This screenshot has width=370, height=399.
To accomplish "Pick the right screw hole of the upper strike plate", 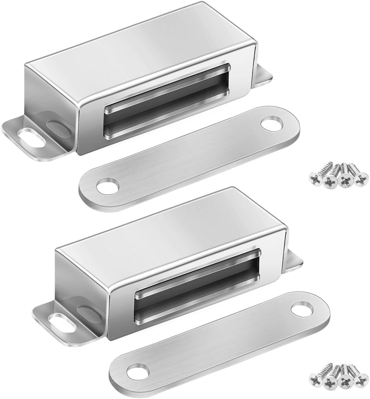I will coord(272,125).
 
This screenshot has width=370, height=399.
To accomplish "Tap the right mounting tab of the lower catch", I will coord(293,261).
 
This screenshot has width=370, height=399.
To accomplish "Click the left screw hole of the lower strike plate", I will coord(138,371).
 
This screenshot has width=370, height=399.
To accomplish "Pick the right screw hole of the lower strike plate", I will coord(302,309).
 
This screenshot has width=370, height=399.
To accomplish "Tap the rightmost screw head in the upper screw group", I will coord(362,178).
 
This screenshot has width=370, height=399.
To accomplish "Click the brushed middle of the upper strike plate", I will coord(189,157).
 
